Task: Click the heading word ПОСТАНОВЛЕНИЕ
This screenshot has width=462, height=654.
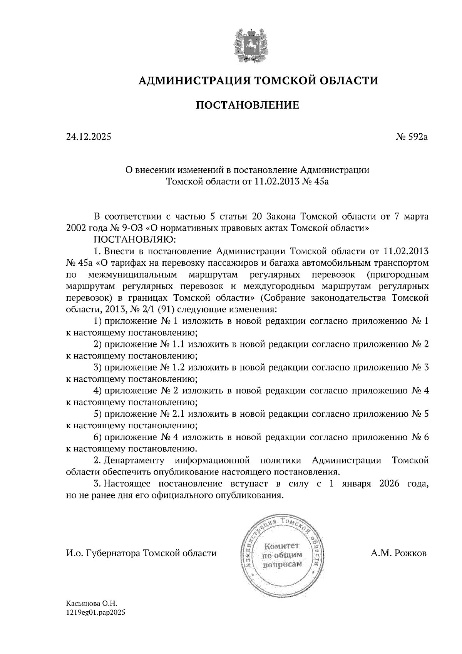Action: [248, 105]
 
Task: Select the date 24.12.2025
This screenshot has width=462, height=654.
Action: [89, 137]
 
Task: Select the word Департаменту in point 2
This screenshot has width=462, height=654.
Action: [134, 461]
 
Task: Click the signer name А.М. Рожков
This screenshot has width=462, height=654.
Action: [398, 553]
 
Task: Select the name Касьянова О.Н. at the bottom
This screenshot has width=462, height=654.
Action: [91, 604]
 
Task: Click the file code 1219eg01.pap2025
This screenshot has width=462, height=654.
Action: [96, 612]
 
